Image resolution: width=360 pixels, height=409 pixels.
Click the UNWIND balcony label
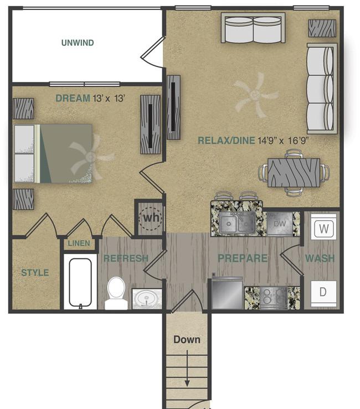point(78,43)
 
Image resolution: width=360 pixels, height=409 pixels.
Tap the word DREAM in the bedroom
point(73,99)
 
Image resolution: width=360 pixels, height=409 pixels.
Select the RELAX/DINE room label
point(226,141)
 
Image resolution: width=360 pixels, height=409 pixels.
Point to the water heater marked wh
point(151,218)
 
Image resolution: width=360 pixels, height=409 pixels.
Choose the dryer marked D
point(323,292)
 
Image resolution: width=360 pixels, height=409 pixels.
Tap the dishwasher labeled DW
point(280,224)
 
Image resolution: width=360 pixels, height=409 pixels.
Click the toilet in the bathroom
point(116,293)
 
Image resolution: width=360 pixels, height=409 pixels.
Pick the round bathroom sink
point(147,299)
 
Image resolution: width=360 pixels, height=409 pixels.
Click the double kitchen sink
point(237,223)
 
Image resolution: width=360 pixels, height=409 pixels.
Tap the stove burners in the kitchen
point(274,297)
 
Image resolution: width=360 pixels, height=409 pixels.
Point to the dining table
point(294,173)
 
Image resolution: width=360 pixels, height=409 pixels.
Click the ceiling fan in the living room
point(255,95)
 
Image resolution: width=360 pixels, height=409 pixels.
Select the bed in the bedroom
point(53,153)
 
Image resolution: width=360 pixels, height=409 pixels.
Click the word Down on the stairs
point(187,340)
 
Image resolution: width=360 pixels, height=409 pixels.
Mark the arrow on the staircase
point(187,368)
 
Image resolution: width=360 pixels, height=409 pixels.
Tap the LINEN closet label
point(79,244)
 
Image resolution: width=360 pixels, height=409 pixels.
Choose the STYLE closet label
point(35,273)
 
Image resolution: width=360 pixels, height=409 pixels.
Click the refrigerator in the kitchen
point(228,293)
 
